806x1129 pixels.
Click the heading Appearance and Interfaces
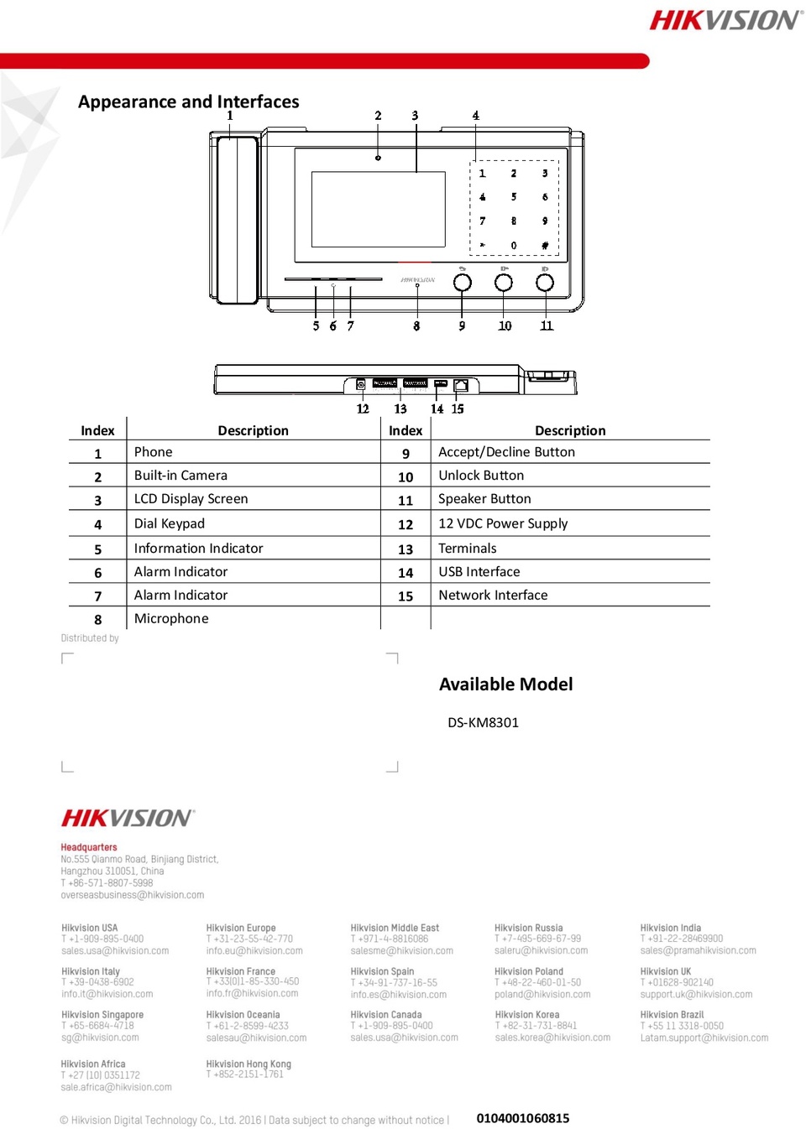pos(188,101)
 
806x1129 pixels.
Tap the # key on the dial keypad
pos(545,246)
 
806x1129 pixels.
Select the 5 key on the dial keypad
pos(514,196)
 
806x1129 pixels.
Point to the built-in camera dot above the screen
pos(378,159)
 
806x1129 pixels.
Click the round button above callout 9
pos(462,282)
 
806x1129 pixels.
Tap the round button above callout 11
pos(544,282)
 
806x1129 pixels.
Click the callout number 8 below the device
pos(416,326)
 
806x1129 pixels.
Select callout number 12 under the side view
pos(363,408)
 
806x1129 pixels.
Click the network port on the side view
pos(460,386)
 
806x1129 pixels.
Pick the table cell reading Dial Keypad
pos(169,523)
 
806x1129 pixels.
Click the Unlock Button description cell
pos(481,476)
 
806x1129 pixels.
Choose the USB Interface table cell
pos(479,571)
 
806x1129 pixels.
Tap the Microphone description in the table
pos(171,618)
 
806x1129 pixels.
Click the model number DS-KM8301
pos(483,722)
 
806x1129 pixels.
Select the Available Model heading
pos(505,684)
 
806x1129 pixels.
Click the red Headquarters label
pos(89,847)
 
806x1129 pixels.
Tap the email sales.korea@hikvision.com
pos(552,1038)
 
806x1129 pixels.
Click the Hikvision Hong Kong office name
pos(249,1064)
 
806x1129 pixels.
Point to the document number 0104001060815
pos(522,1118)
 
